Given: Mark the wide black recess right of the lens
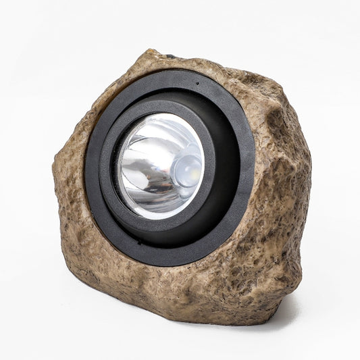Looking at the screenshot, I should [226, 169].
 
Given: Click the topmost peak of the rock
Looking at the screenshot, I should [152, 51].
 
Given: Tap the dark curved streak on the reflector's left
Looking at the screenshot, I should [128, 169].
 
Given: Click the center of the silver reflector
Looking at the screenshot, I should [160, 166].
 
